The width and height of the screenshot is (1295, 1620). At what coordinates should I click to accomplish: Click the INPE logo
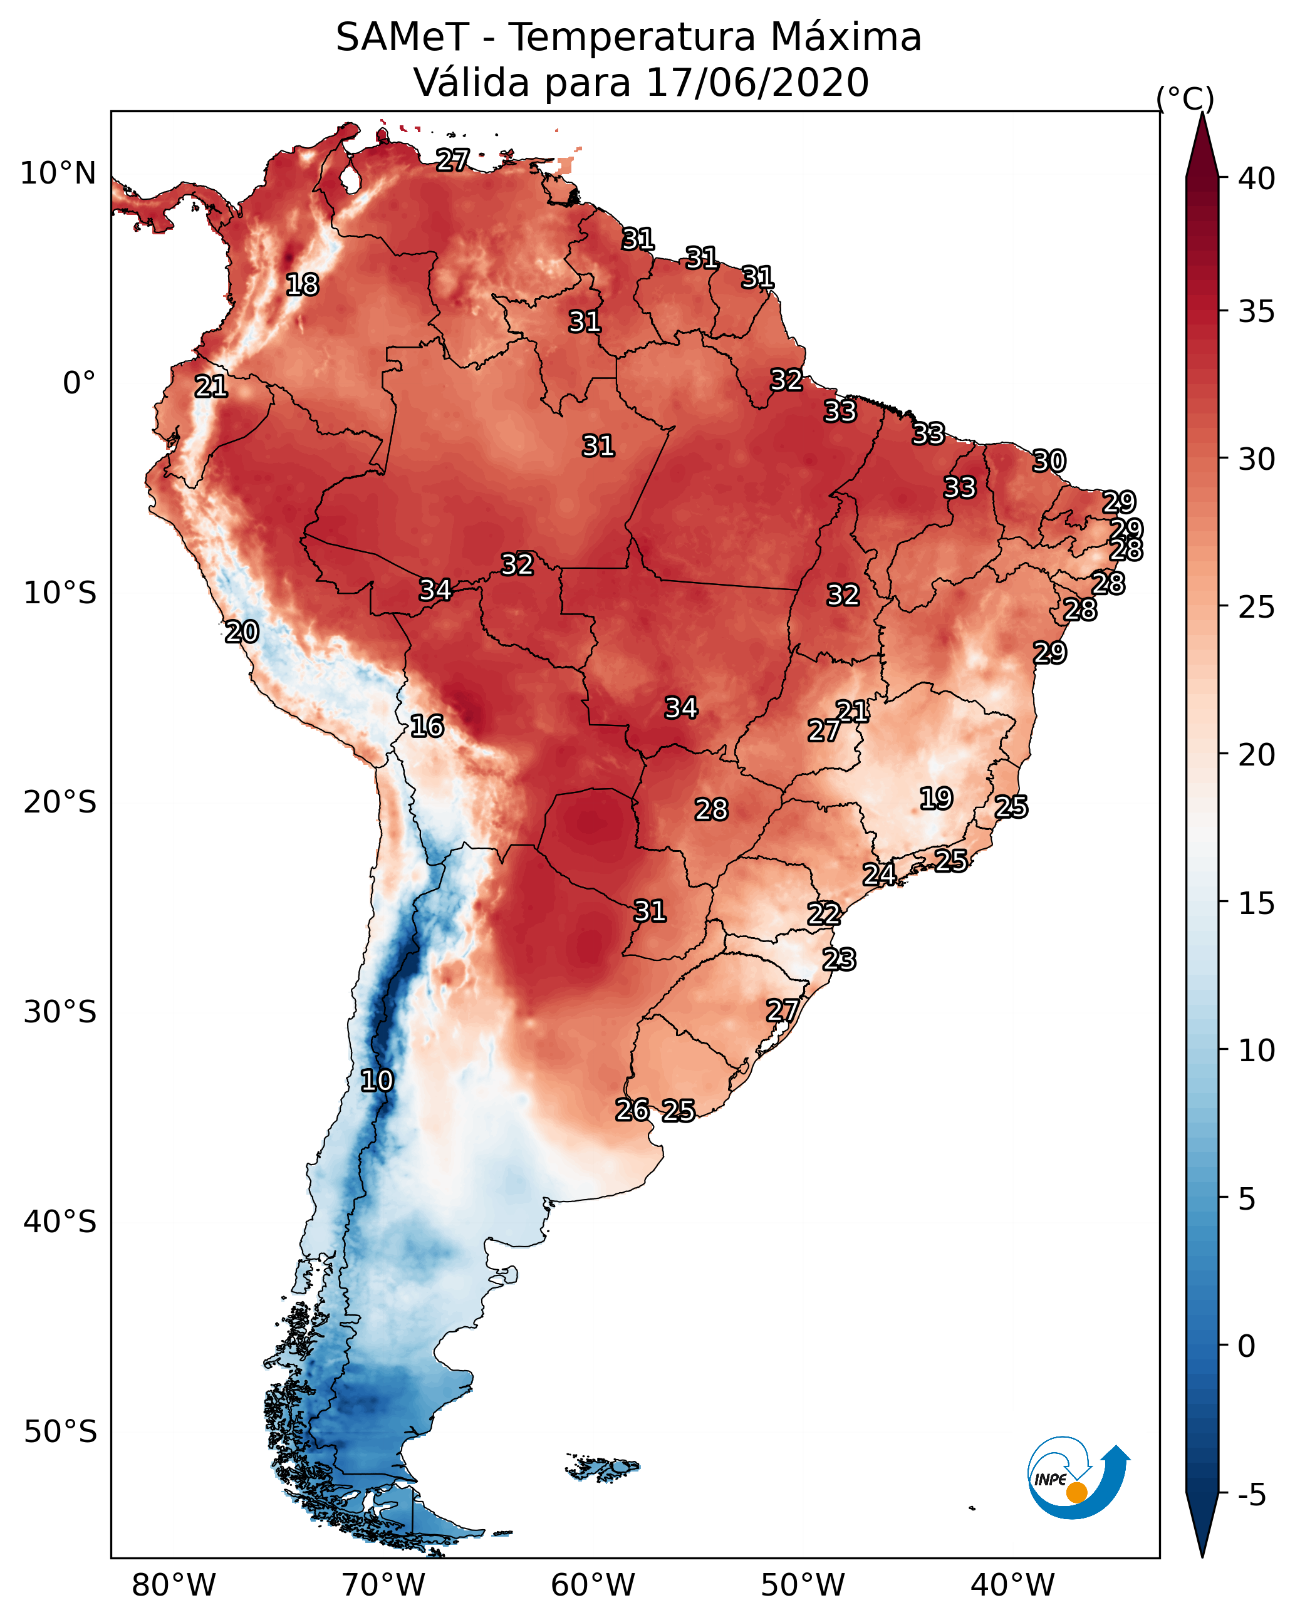tap(1079, 1477)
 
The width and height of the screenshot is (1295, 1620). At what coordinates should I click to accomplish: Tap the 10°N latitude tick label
tap(58, 174)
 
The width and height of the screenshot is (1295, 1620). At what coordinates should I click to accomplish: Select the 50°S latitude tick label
tap(60, 1432)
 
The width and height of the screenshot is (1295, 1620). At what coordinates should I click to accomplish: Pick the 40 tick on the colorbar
tap(1257, 179)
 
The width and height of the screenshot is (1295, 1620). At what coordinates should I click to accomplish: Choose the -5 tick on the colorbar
tap(1252, 1495)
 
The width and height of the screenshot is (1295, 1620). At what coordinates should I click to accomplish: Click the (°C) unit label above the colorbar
tap(1185, 98)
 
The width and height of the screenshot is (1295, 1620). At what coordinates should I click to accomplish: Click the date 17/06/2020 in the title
tap(757, 82)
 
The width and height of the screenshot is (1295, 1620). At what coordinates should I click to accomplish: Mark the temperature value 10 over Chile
tap(377, 1081)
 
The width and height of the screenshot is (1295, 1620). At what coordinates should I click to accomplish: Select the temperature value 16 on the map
tap(427, 726)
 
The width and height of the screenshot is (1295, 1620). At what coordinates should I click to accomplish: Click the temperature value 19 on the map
tap(937, 798)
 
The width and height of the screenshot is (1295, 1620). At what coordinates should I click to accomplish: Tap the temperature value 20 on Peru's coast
tap(242, 632)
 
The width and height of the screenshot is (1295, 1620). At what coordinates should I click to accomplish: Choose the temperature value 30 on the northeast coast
tap(1049, 460)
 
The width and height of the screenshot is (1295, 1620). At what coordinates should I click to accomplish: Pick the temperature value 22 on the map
tap(824, 914)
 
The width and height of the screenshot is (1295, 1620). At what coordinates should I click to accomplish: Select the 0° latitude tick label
tap(80, 383)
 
